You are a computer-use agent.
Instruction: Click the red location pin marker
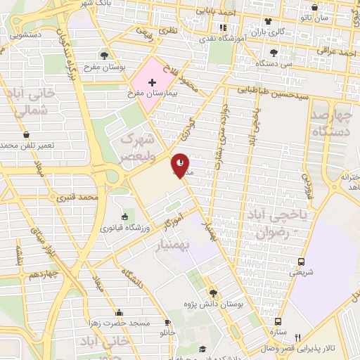181,165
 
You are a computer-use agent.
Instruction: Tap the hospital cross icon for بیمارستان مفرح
152,83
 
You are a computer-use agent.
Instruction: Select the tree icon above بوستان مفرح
105,55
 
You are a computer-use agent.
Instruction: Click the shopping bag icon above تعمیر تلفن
26,134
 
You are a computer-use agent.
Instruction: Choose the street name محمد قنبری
78,198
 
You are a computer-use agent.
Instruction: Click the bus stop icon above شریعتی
301,261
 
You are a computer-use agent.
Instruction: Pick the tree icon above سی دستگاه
274,52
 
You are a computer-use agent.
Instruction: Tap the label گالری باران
270,32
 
